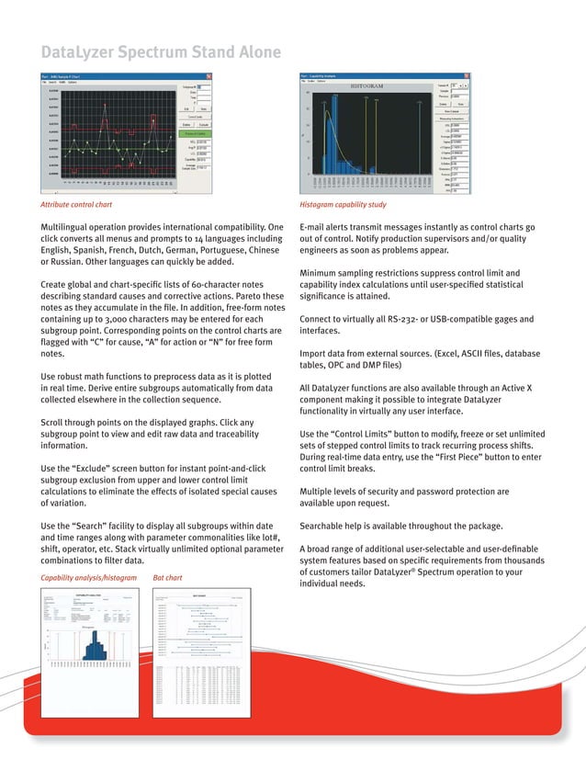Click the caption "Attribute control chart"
point(77,205)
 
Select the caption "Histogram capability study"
point(343,205)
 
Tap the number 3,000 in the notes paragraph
point(114,319)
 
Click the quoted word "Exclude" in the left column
point(102,469)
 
